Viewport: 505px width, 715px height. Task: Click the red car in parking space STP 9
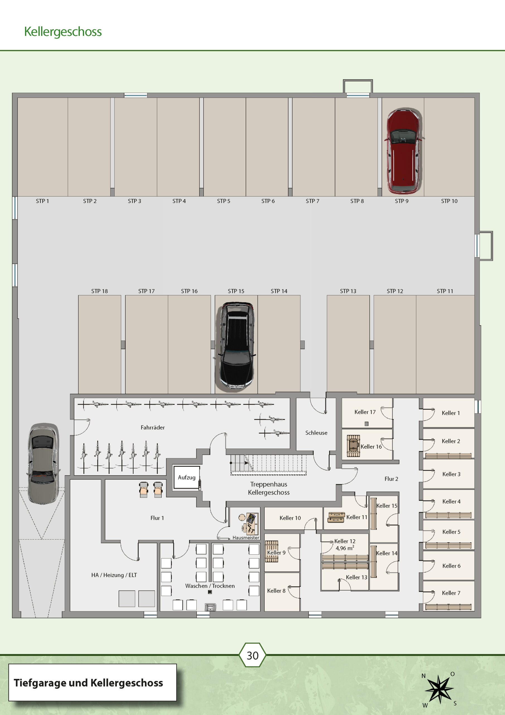click(403, 151)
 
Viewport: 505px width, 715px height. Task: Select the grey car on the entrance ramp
click(43, 463)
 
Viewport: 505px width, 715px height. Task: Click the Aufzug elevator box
click(187, 477)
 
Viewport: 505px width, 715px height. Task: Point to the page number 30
click(253, 656)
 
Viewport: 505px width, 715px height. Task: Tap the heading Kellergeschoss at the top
click(63, 32)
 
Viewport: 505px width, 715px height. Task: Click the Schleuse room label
click(316, 433)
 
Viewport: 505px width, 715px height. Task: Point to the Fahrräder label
click(153, 428)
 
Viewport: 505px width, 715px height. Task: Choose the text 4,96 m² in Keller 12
click(345, 548)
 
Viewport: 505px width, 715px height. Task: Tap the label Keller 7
click(451, 593)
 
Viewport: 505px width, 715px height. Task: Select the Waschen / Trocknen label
click(210, 586)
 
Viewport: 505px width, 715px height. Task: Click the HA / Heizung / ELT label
click(114, 575)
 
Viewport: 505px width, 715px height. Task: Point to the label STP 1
click(42, 201)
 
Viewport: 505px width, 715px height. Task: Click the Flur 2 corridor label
click(391, 479)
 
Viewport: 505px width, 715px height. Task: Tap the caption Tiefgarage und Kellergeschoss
click(88, 683)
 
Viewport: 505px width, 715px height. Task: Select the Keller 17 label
click(365, 412)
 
